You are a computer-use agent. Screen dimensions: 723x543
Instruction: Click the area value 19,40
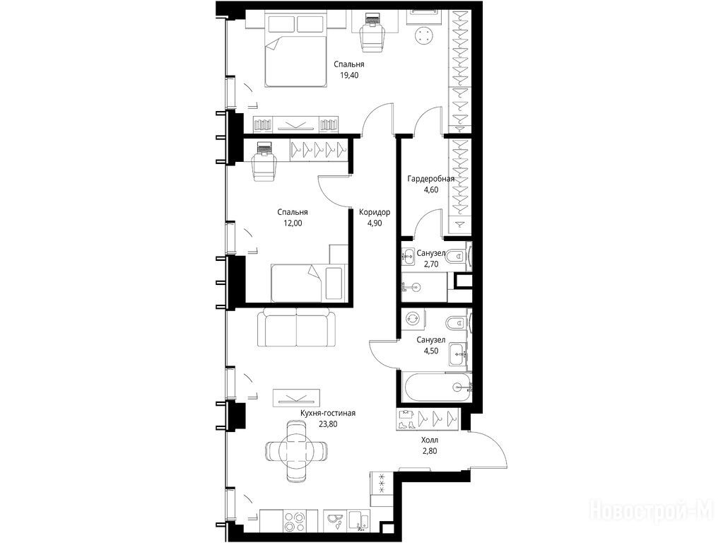[x=349, y=75]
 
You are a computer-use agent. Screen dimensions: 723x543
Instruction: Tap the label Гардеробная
[x=430, y=179]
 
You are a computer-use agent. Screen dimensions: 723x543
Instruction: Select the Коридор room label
[x=375, y=212]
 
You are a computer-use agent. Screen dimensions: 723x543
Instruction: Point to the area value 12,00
[x=293, y=223]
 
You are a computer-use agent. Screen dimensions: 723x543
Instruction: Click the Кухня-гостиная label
[x=327, y=414]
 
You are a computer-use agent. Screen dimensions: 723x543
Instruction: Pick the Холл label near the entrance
[x=429, y=440]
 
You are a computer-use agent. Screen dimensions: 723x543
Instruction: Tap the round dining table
[x=297, y=450]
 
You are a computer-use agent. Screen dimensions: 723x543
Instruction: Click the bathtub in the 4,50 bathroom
[x=437, y=387]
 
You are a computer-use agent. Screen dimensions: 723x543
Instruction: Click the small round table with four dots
[x=424, y=35]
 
